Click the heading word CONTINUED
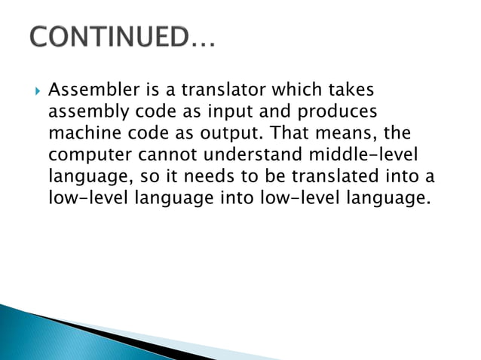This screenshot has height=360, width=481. coord(113,35)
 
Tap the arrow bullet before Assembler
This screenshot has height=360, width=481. coord(33,92)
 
